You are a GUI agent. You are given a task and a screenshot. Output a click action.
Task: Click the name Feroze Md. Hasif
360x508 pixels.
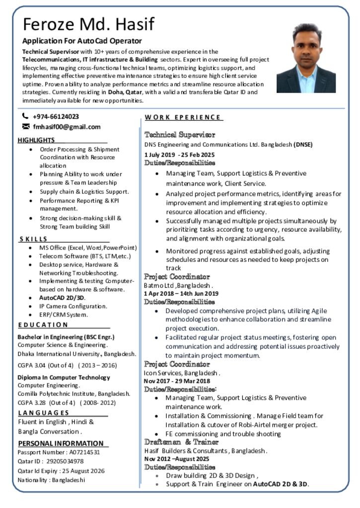pyautogui.click(x=88, y=24)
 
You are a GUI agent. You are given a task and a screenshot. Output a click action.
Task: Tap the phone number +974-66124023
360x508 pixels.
pyautogui.click(x=56, y=117)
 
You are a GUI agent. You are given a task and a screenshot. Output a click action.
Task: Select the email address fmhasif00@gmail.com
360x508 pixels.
pyautogui.click(x=67, y=127)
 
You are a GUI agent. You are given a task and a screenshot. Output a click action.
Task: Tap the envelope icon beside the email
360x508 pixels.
pyautogui.click(x=26, y=127)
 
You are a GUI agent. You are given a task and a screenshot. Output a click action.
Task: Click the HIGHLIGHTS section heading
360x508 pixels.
pyautogui.click(x=36, y=140)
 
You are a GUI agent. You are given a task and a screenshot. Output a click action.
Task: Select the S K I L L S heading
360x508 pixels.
pyautogui.click(x=34, y=239)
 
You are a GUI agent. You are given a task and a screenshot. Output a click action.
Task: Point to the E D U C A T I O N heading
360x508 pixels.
pyautogui.click(x=43, y=325)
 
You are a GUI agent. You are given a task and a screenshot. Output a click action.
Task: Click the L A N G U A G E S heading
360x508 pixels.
pyautogui.click(x=44, y=413)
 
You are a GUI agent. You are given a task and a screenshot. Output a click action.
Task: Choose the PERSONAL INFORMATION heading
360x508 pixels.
pyautogui.click(x=61, y=444)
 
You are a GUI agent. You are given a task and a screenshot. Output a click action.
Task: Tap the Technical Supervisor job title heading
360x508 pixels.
pyautogui.click(x=180, y=134)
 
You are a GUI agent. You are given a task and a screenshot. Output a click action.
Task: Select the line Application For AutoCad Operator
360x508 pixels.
pyautogui.click(x=82, y=41)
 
